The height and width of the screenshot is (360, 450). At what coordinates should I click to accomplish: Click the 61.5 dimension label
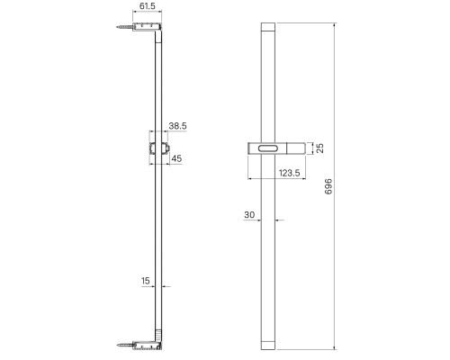pos(148,6)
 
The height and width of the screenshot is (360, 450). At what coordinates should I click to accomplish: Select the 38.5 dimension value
pos(177,126)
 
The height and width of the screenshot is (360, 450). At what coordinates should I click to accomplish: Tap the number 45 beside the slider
pos(176,158)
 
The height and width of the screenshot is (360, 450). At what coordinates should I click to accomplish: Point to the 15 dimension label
pos(146,281)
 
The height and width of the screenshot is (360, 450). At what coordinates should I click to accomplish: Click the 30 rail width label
pos(249,215)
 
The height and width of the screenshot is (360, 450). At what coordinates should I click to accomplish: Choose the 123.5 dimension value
pos(290,173)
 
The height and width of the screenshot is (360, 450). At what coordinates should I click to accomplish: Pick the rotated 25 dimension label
pos(320,148)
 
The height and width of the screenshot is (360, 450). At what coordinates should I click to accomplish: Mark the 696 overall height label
pos(328,186)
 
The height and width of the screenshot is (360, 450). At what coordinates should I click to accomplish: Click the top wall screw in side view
pos(124,27)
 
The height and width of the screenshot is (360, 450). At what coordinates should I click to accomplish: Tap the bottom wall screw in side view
pos(124,345)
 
